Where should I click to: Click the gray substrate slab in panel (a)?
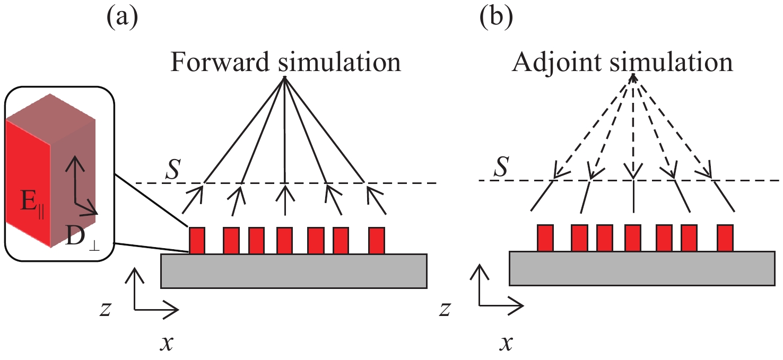point(293,271)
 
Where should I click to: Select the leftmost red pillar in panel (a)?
point(197,240)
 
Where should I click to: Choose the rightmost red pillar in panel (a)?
point(376,240)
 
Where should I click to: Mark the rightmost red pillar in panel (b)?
point(725,238)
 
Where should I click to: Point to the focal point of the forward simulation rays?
point(285,78)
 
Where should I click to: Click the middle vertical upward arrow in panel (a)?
point(285,199)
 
